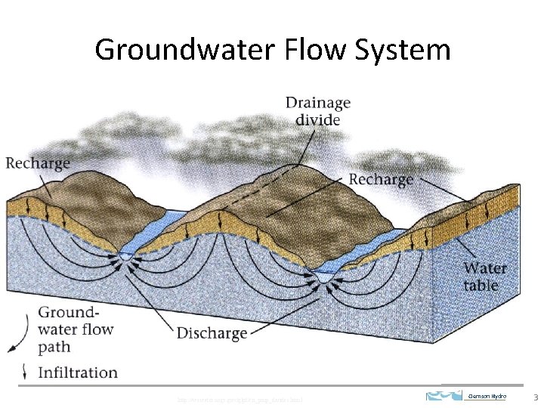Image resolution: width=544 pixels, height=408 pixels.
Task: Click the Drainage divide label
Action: coord(317,110)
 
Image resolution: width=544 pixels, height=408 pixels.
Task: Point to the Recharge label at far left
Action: coord(37,162)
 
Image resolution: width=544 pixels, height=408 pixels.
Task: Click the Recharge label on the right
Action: coord(381,179)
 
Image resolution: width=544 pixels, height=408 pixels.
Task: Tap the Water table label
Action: coord(485,277)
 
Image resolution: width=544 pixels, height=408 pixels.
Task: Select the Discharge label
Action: coord(212,332)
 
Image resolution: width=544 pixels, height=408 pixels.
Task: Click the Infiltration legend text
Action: coord(78,372)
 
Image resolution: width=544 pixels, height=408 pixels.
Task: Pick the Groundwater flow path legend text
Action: coord(76,329)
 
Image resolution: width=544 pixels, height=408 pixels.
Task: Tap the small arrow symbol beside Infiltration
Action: coord(26,372)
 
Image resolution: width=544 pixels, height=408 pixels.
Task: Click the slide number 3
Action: coord(535,397)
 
